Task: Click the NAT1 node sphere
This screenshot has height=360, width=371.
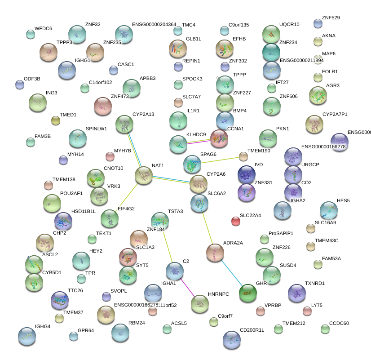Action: click(144, 175)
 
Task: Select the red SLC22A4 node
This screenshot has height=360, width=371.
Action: click(236, 221)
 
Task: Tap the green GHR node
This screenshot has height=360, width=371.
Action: click(248, 293)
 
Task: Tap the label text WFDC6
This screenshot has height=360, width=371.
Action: click(43, 28)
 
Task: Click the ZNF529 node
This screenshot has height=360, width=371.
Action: click(318, 23)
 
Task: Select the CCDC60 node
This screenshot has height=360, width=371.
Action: click(325, 329)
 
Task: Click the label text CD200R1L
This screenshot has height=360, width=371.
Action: click(252, 330)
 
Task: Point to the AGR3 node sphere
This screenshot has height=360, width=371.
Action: click(318, 95)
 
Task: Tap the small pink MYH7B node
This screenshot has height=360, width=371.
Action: click(110, 156)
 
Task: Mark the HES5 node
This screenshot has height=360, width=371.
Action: click(329, 210)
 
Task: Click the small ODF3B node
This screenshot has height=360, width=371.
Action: click(19, 84)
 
